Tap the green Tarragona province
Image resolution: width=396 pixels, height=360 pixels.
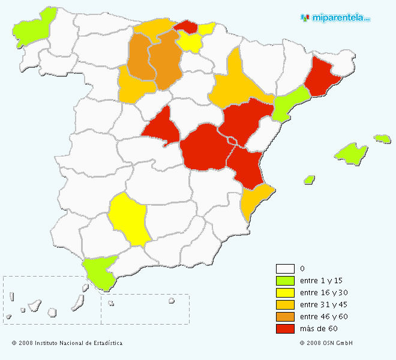coord(290,104)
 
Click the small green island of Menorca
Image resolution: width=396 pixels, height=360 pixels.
coord(382,139)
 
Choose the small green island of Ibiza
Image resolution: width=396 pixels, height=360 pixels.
coord(310,179)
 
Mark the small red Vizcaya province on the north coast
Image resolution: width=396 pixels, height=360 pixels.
coord(187,26)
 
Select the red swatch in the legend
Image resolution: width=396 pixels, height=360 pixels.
coord(285,329)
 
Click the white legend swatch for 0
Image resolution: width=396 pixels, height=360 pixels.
coord(285,269)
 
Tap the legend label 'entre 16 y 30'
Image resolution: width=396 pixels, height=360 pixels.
coord(323,293)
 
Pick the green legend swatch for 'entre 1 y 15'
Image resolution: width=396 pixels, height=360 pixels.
coord(285,281)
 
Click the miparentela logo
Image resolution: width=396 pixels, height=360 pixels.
coord(335,18)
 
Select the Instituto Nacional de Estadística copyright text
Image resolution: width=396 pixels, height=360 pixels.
coord(67,343)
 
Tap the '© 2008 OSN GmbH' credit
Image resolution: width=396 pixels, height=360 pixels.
coord(326,343)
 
